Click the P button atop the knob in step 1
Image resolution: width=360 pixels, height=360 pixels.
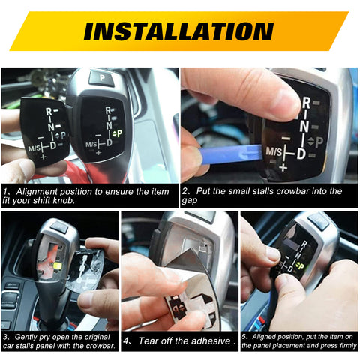click(101, 77)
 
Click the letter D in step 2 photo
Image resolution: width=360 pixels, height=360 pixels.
click(301, 153)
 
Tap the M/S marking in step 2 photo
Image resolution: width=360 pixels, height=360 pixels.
click(277, 151)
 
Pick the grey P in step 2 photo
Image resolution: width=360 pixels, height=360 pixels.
click(319, 141)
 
